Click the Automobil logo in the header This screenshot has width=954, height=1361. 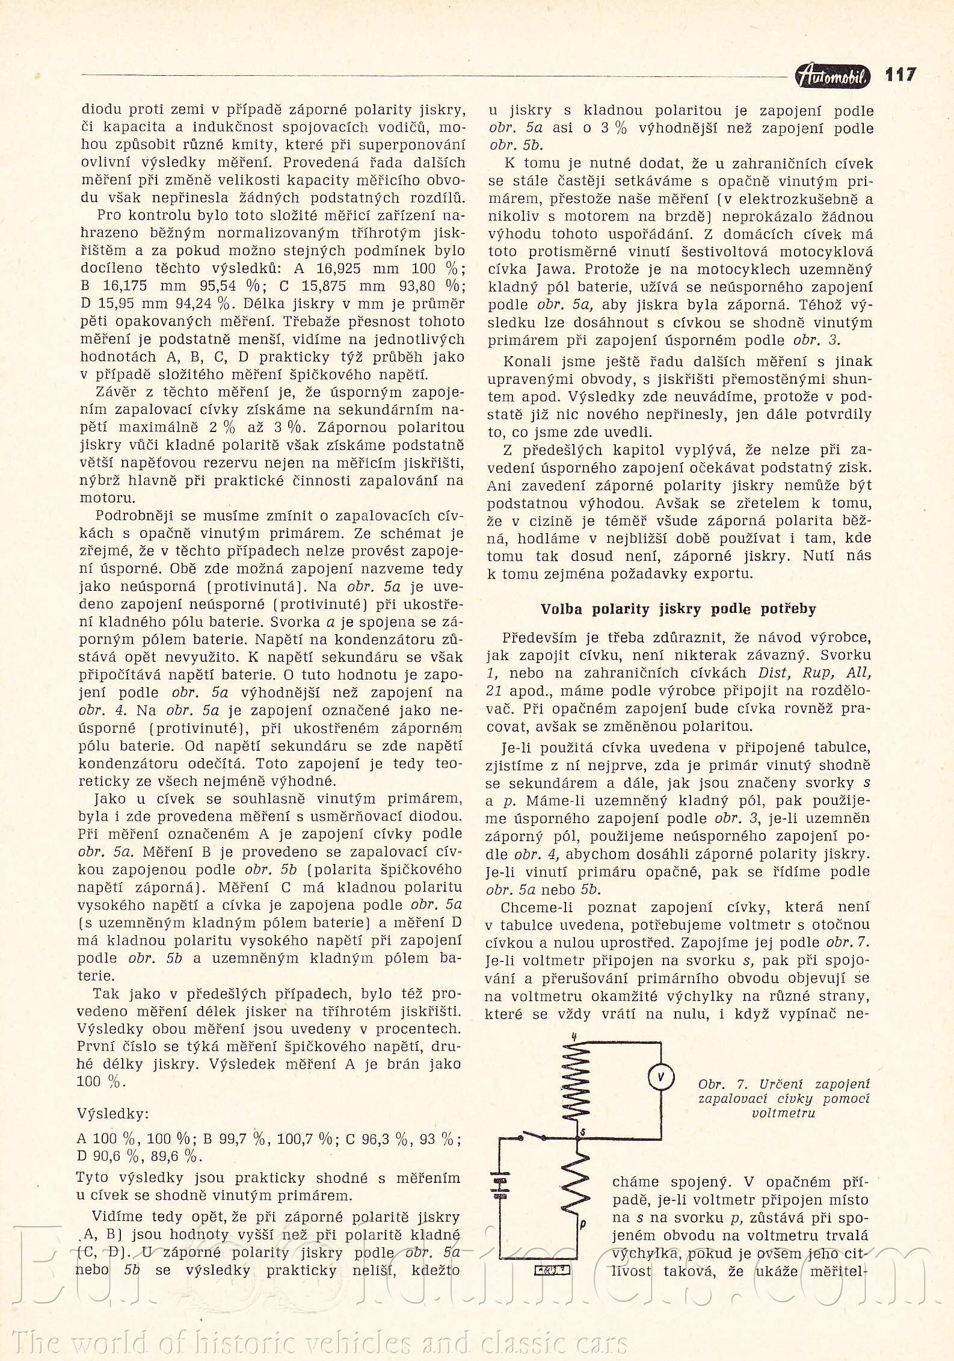pyautogui.click(x=832, y=76)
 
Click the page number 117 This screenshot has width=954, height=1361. pyautogui.click(x=900, y=75)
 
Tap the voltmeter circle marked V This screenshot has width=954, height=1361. pyautogui.click(x=660, y=1078)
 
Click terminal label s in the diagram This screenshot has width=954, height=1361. pyautogui.click(x=582, y=1132)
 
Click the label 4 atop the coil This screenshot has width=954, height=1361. pyautogui.click(x=575, y=1036)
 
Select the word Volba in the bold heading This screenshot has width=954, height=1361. pyautogui.click(x=561, y=609)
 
